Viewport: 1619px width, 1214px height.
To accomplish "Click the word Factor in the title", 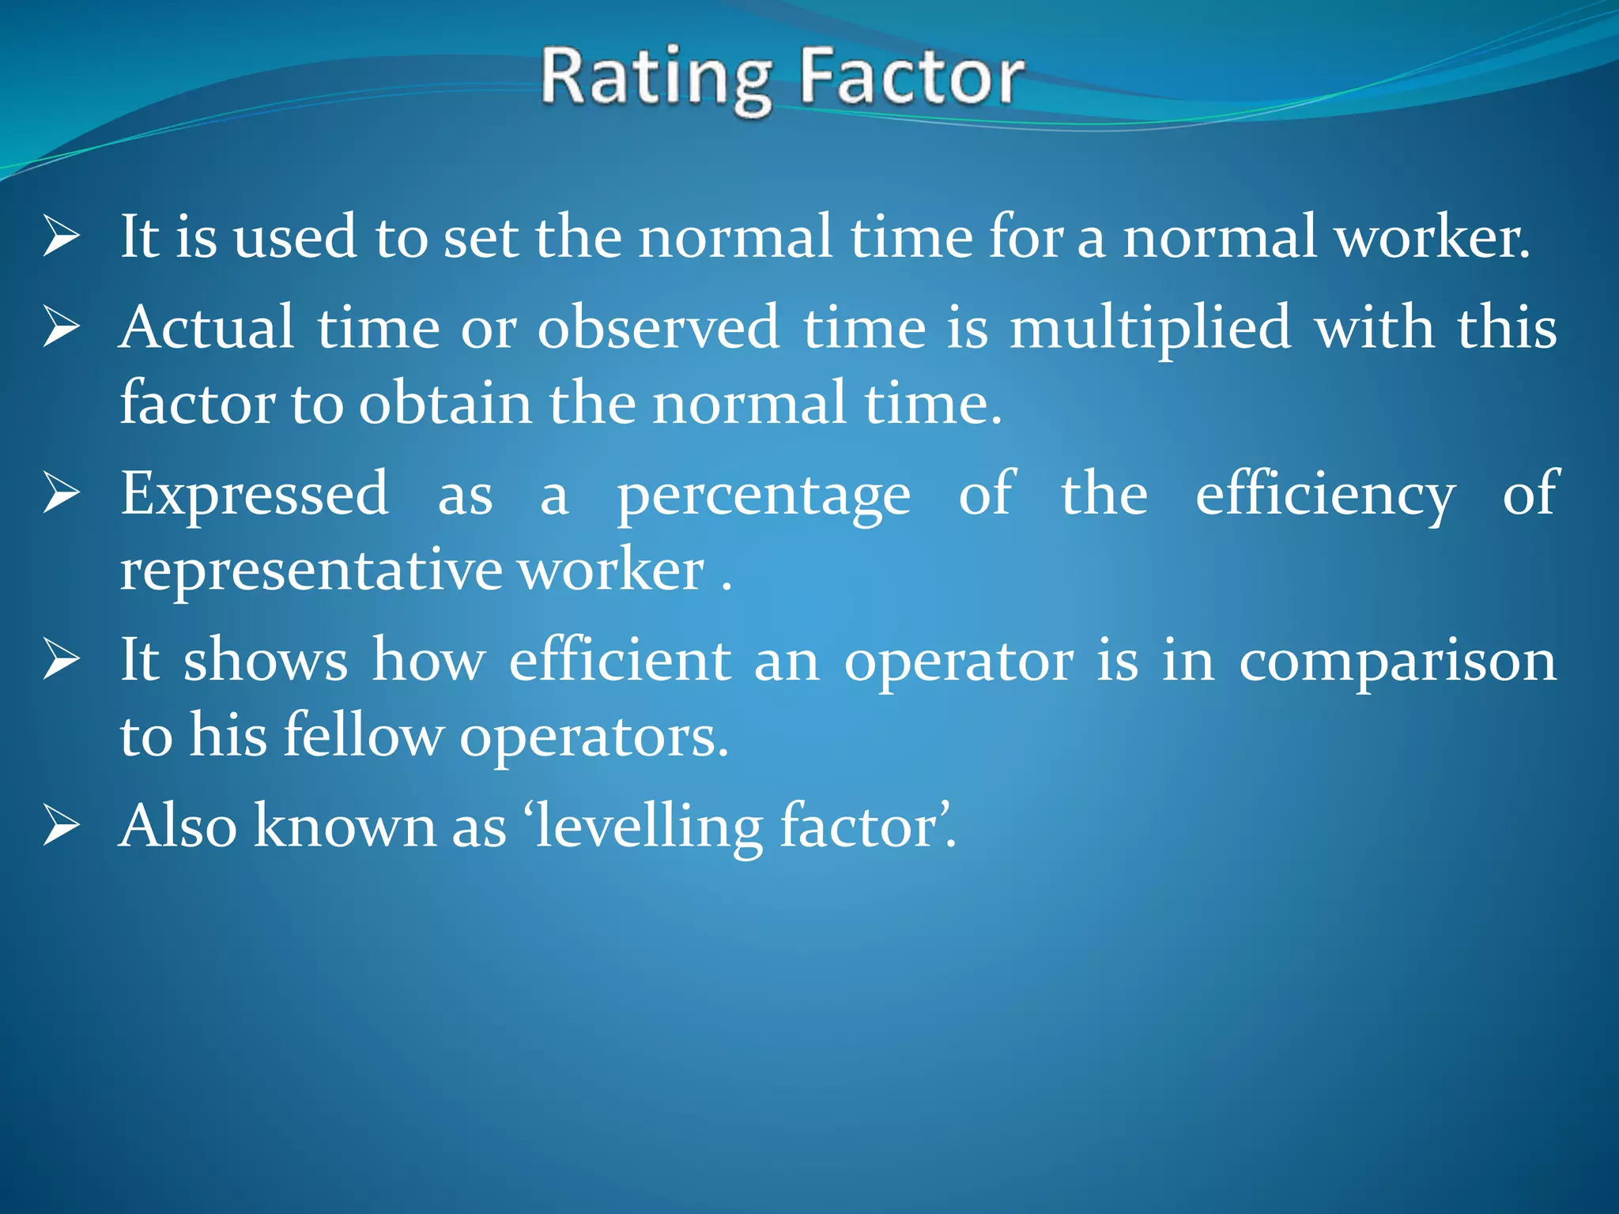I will tap(911, 77).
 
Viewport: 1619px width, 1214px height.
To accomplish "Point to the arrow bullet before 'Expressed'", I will tap(62, 494).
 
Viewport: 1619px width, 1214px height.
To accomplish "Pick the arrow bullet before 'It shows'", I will tap(62, 660).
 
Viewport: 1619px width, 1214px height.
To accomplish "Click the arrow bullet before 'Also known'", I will tap(62, 826).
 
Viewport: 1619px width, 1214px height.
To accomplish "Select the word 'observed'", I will tap(659, 328).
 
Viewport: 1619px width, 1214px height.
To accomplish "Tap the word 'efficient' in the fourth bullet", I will tap(620, 660).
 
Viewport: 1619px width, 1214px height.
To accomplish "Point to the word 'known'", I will tap(345, 826).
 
